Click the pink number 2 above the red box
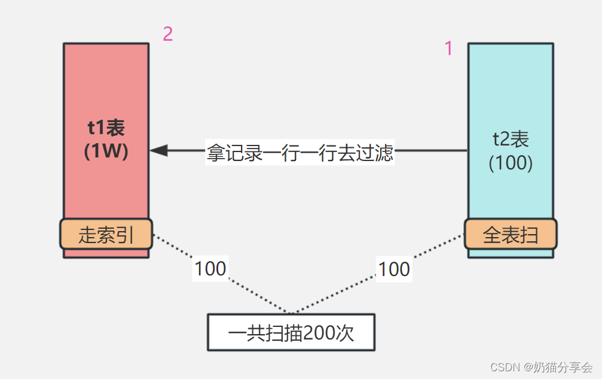(168, 34)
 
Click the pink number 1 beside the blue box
(448, 48)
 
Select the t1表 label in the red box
(106, 128)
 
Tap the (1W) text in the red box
(106, 151)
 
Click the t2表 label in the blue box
(511, 140)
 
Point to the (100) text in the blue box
(511, 163)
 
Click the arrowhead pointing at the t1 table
(159, 151)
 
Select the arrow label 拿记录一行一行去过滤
(300, 152)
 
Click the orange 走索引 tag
(106, 234)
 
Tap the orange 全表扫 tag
(511, 234)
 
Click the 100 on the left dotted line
(210, 269)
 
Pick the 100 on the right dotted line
(394, 269)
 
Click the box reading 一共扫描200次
(291, 332)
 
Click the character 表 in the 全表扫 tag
(511, 235)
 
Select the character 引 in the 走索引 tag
(124, 235)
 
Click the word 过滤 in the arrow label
(375, 152)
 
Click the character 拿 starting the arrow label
(215, 152)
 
